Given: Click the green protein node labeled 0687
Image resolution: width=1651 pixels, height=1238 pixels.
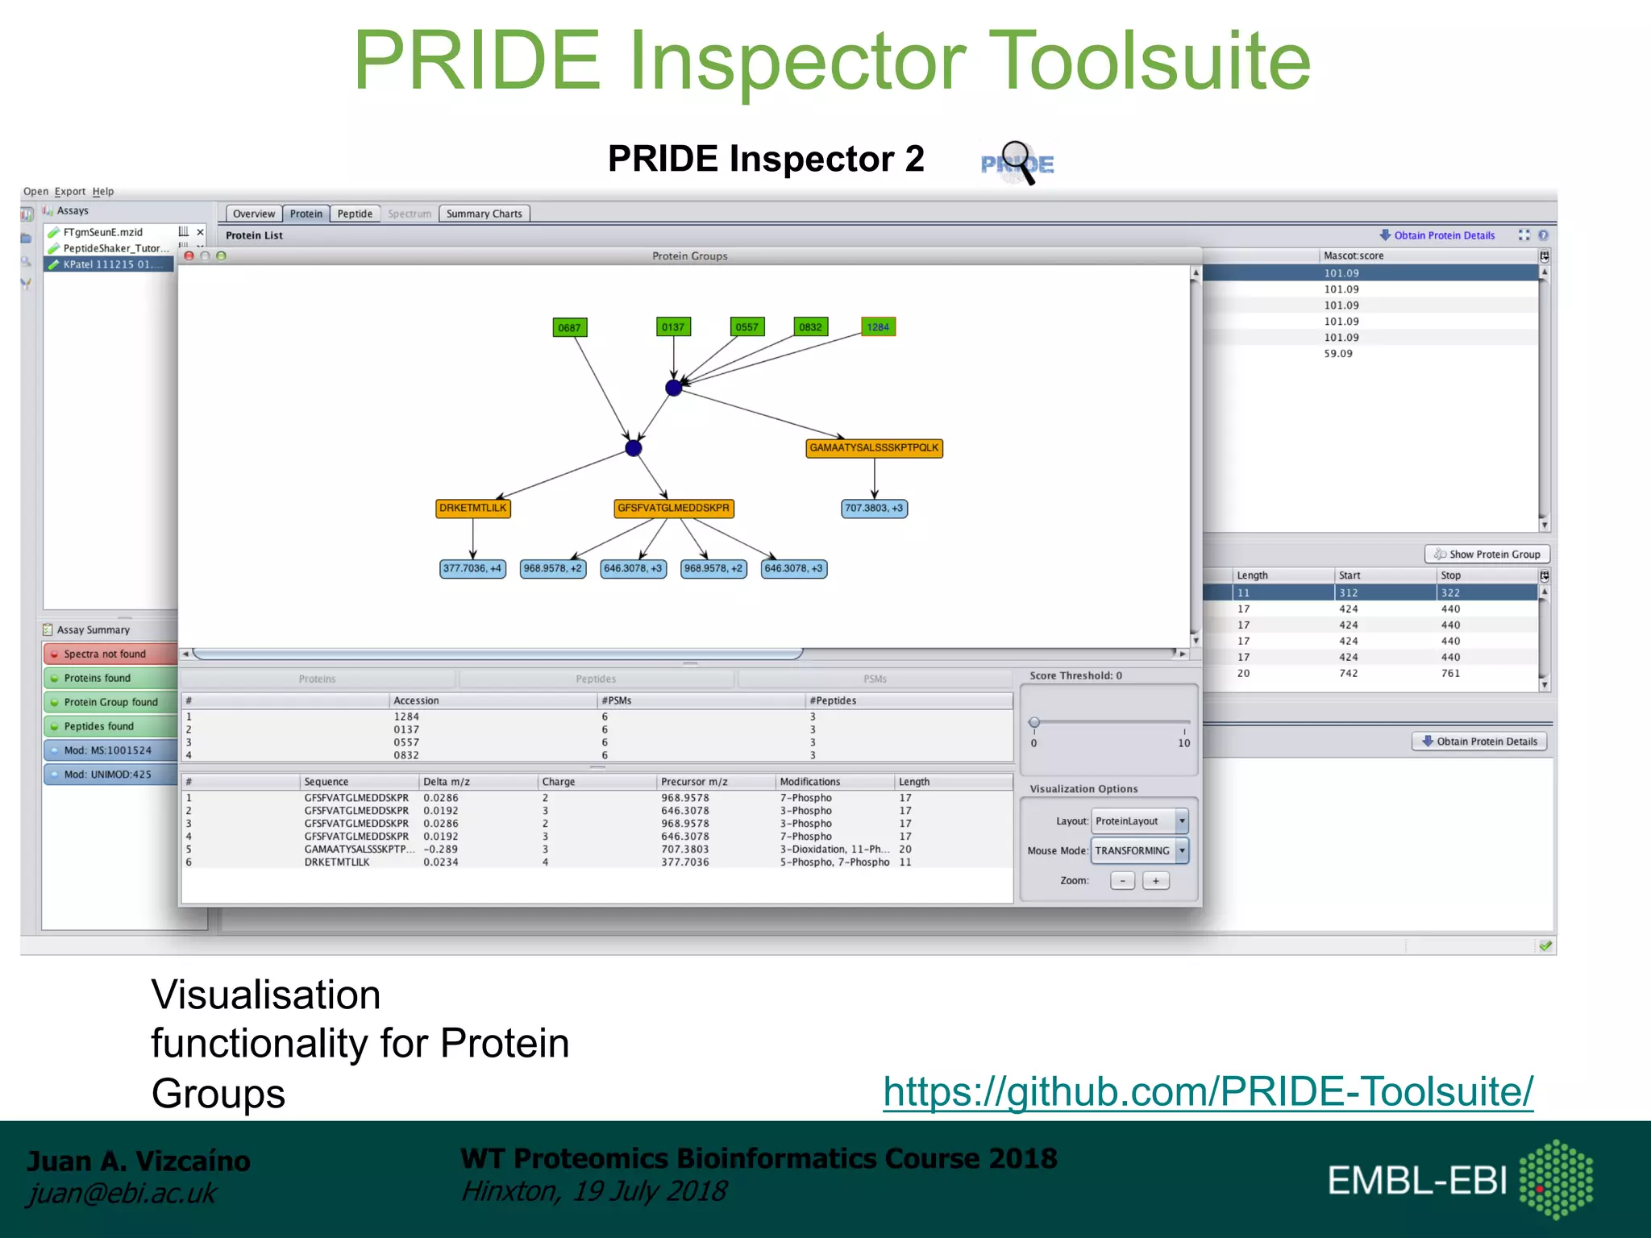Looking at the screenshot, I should pyautogui.click(x=569, y=327).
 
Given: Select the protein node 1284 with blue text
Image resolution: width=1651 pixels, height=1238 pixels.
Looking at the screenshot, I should pyautogui.click(x=878, y=326).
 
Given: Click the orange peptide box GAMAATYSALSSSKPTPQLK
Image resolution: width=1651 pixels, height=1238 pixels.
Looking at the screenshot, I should pyautogui.click(x=874, y=448).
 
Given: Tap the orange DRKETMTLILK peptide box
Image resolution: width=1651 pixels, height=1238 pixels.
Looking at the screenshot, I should pyautogui.click(x=473, y=509).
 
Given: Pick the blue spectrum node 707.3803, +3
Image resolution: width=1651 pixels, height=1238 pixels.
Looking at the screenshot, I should pyautogui.click(x=874, y=509).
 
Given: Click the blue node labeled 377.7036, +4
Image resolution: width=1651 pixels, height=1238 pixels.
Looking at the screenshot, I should pyautogui.click(x=472, y=568).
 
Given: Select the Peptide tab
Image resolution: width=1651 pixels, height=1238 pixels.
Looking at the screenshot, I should pyautogui.click(x=355, y=214).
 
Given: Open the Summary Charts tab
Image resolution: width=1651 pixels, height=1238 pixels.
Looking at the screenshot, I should pyautogui.click(x=484, y=214).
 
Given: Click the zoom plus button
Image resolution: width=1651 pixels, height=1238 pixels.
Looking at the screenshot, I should pyautogui.click(x=1155, y=881).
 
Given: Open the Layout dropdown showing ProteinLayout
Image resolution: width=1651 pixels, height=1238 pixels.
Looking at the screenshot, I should pyautogui.click(x=1139, y=821).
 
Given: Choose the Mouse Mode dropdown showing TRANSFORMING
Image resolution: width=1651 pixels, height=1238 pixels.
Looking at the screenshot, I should pyautogui.click(x=1139, y=850).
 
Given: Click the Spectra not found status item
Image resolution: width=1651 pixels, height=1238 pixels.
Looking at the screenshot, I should pyautogui.click(x=110, y=654).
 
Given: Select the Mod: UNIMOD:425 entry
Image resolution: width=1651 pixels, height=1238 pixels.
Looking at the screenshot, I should pyautogui.click(x=110, y=775).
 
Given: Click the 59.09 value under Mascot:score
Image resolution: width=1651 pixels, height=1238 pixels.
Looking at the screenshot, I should pyautogui.click(x=1338, y=353).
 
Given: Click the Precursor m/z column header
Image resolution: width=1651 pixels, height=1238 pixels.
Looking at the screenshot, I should pyautogui.click(x=694, y=782).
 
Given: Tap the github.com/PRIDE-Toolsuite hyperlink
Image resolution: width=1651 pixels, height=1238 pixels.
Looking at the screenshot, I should pyautogui.click(x=1208, y=1091).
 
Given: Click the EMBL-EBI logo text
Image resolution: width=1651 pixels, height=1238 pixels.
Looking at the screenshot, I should pyautogui.click(x=1416, y=1181).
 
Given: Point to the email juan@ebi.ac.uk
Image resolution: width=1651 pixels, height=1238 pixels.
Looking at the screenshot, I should pyautogui.click(x=122, y=1193).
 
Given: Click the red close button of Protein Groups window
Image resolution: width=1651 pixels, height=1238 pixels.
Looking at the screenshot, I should pyautogui.click(x=189, y=255).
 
